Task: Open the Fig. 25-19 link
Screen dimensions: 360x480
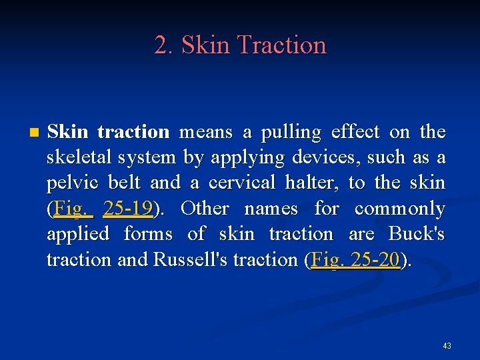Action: coord(103,209)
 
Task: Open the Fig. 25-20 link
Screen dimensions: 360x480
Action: coord(355,259)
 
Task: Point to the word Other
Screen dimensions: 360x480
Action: coord(204,209)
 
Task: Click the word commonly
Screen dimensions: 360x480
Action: coord(399,209)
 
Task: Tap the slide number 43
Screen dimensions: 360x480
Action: coord(447,345)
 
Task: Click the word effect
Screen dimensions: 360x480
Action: coord(374,132)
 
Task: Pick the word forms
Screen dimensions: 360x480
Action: coord(148,234)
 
